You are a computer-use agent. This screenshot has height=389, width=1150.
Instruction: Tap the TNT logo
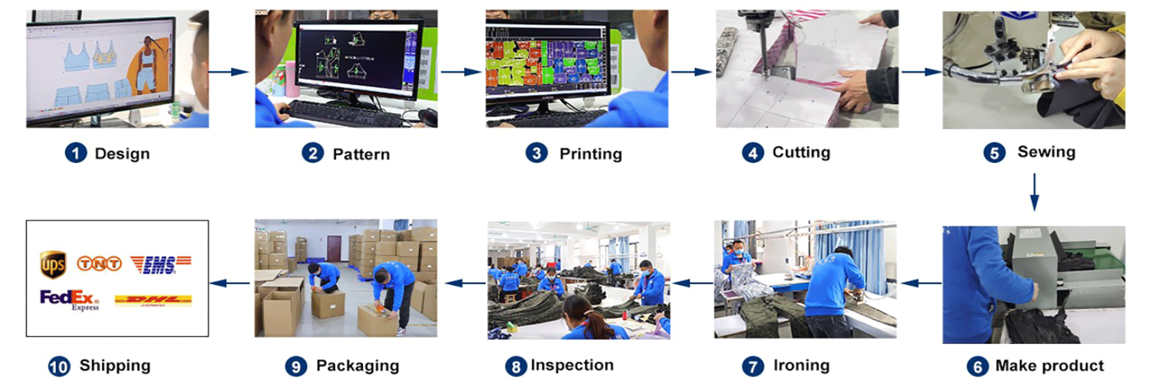pyautogui.click(x=99, y=264)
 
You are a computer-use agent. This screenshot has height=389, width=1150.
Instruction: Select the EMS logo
pyautogui.click(x=160, y=264)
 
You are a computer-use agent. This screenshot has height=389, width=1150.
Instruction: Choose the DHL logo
pyautogui.click(x=153, y=300)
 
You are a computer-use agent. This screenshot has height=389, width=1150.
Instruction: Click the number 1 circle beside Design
pyautogui.click(x=75, y=153)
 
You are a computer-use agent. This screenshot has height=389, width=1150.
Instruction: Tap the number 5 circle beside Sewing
pyautogui.click(x=994, y=153)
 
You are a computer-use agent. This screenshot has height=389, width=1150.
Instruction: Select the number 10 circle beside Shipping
pyautogui.click(x=59, y=366)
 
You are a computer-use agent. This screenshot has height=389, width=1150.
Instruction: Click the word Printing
pyautogui.click(x=591, y=154)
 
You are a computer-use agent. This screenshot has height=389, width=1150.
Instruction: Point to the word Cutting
pyautogui.click(x=801, y=152)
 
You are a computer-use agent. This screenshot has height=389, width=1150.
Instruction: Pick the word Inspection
pyautogui.click(x=572, y=365)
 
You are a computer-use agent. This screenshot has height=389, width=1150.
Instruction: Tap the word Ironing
pyautogui.click(x=801, y=365)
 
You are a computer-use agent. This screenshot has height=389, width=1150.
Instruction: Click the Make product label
pyautogui.click(x=1049, y=366)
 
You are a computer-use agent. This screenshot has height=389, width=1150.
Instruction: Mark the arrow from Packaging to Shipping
pyautogui.click(x=231, y=283)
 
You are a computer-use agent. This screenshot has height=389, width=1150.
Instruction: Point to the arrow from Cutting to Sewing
pyautogui.click(x=921, y=72)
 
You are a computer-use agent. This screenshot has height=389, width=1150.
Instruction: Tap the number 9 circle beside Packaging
pyautogui.click(x=296, y=366)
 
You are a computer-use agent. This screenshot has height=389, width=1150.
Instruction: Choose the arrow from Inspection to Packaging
pyautogui.click(x=465, y=283)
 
